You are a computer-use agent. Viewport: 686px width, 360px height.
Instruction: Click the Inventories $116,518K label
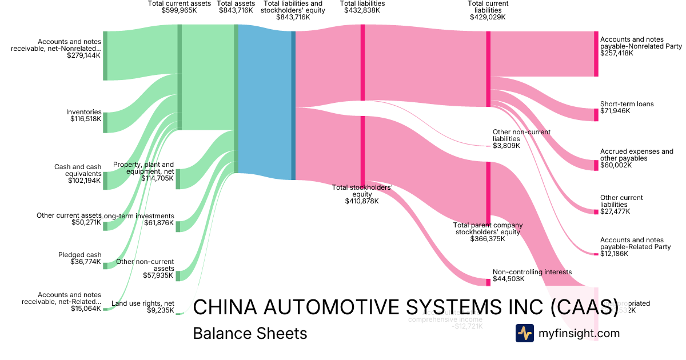point(83,115)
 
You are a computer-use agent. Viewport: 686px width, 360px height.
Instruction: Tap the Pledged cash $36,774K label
point(79,258)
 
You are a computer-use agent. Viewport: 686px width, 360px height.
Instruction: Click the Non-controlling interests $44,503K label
point(532,275)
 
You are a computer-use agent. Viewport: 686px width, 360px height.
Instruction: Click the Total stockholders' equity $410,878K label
point(362,194)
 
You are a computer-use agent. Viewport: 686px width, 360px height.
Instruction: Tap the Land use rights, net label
point(142,307)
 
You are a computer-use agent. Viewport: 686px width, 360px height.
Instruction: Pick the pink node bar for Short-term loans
point(596,114)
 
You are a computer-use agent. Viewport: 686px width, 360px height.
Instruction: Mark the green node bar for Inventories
point(105,123)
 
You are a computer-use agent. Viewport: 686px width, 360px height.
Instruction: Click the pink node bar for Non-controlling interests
point(488,282)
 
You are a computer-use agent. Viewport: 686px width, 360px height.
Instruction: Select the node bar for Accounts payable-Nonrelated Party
point(596,54)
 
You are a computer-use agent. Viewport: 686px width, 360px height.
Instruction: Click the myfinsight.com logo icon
point(524,333)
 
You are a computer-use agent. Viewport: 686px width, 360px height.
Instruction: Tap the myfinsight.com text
point(579,333)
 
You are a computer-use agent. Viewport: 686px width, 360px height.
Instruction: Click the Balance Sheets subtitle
point(250,333)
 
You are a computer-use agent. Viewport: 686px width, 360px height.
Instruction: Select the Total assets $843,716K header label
point(236,7)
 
